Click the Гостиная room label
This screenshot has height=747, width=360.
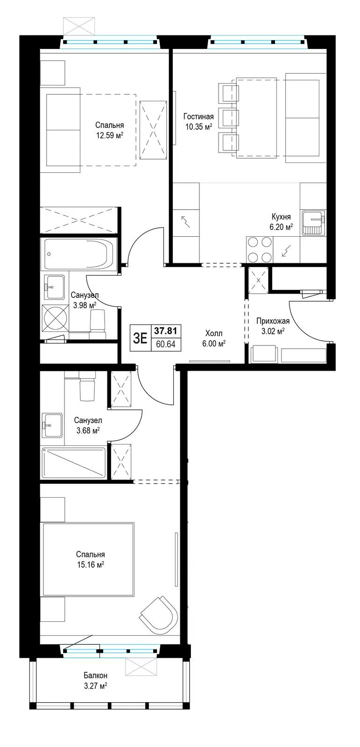198,117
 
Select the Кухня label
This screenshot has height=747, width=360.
281,217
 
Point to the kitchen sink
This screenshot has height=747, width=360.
313,222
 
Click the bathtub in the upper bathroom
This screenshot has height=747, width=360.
79,254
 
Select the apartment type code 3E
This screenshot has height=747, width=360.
140,338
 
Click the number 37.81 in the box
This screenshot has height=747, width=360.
165,331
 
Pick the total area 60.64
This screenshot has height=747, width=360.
165,344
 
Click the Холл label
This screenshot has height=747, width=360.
214,333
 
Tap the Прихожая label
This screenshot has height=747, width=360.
273,321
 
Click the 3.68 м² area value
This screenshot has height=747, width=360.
88,430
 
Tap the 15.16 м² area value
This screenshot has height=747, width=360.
90,565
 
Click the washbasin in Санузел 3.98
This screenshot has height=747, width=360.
54,287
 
